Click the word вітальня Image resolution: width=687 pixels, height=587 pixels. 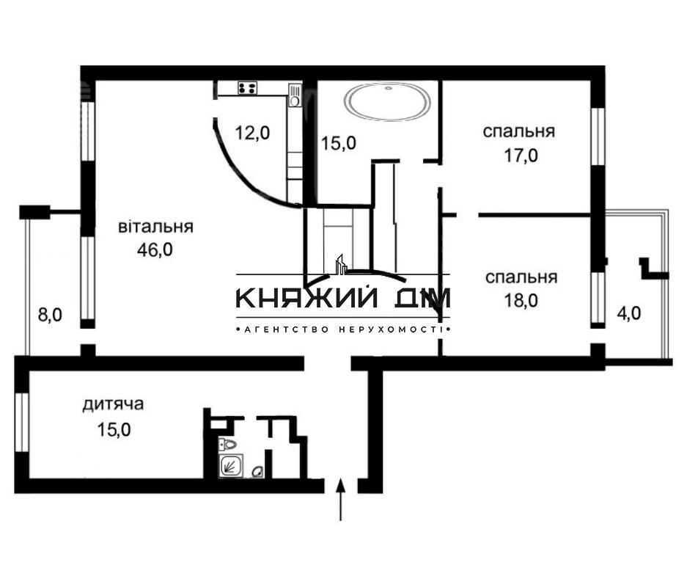click(x=155, y=227)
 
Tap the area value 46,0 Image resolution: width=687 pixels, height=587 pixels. click(x=155, y=249)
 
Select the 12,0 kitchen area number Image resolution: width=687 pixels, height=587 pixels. click(x=252, y=133)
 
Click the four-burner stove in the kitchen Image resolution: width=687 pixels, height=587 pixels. click(x=248, y=88)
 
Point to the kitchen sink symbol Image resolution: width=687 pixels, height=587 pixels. click(x=295, y=93)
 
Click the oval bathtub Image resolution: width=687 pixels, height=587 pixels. click(x=389, y=102)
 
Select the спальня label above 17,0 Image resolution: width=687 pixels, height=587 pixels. click(x=518, y=132)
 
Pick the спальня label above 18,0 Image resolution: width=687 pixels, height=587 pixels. click(x=521, y=277)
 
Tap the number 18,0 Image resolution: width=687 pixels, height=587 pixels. click(x=521, y=300)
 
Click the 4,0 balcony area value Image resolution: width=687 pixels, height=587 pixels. click(x=628, y=313)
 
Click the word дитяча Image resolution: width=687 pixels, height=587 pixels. click(x=112, y=404)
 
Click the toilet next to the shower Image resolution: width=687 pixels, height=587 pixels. click(x=229, y=443)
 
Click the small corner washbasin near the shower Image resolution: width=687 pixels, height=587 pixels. click(x=257, y=473)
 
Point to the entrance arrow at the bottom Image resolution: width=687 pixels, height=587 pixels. click(x=341, y=499)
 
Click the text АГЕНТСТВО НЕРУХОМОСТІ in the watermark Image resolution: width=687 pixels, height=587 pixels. click(x=342, y=331)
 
